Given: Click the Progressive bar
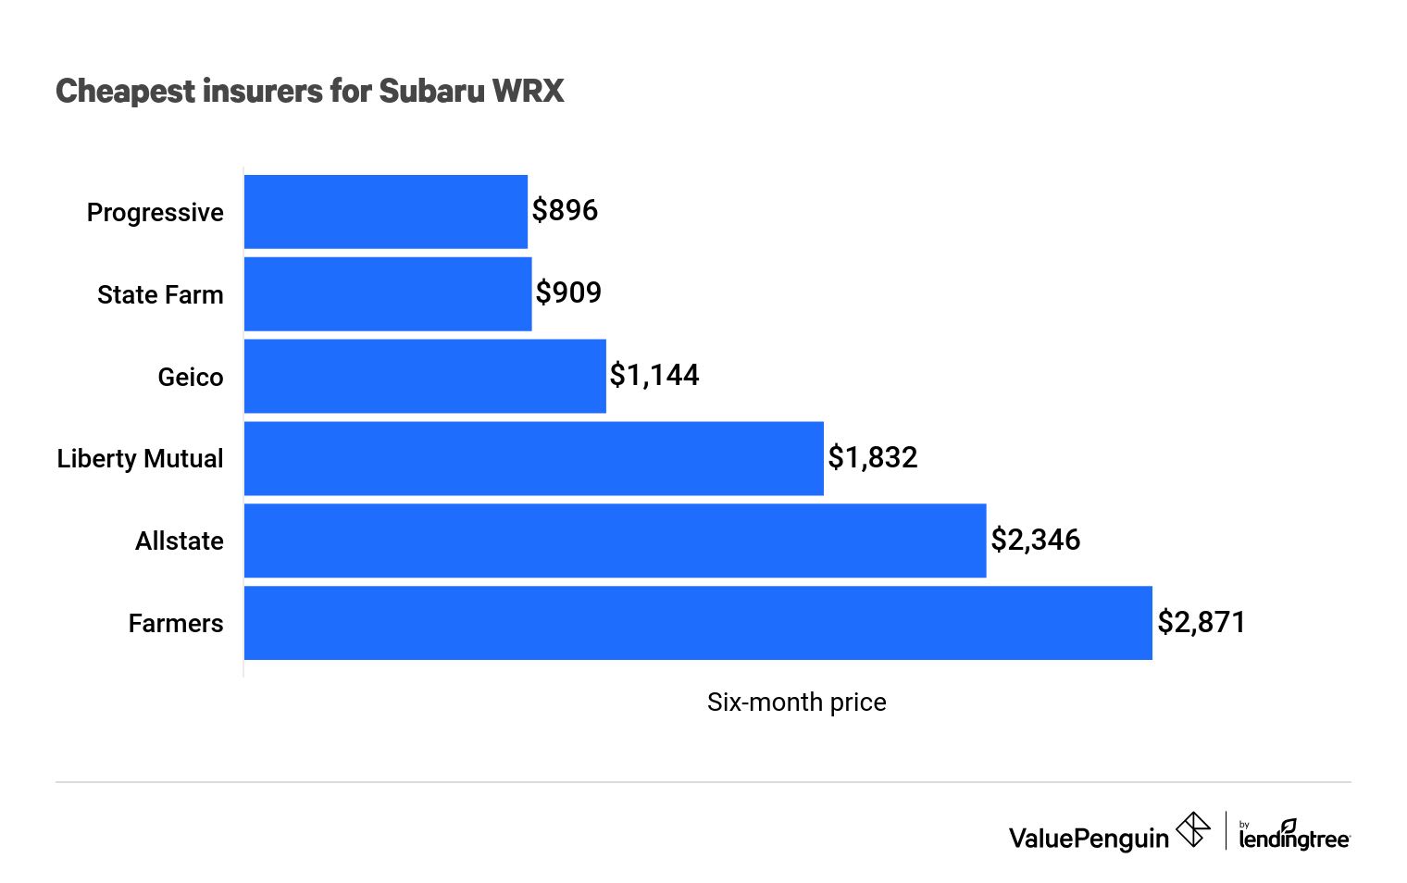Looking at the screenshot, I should point(385,212).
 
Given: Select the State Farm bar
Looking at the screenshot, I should point(388,294).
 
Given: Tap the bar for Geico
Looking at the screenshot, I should point(425,376).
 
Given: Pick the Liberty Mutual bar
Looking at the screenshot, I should point(533,458).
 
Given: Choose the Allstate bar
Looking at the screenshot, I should point(615,541).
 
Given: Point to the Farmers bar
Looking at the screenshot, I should point(698,623).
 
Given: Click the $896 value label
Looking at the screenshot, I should point(565,211).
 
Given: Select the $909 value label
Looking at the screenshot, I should point(568,293).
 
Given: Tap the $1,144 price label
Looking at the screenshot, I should point(654,375).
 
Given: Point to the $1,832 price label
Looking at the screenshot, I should point(872,457).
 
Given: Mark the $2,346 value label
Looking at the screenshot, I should point(1035,540).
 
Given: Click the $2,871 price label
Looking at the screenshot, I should point(1202,622).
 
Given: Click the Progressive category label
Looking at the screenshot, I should point(156,213).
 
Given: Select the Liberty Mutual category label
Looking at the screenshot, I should point(141,459).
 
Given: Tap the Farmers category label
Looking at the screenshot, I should point(176,624).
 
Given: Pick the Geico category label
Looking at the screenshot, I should point(191,377).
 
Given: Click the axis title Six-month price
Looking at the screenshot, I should point(796,703).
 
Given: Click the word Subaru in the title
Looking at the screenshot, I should point(431,91).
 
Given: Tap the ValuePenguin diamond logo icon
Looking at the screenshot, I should point(1192,829).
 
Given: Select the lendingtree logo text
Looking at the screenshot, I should point(1294,839).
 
